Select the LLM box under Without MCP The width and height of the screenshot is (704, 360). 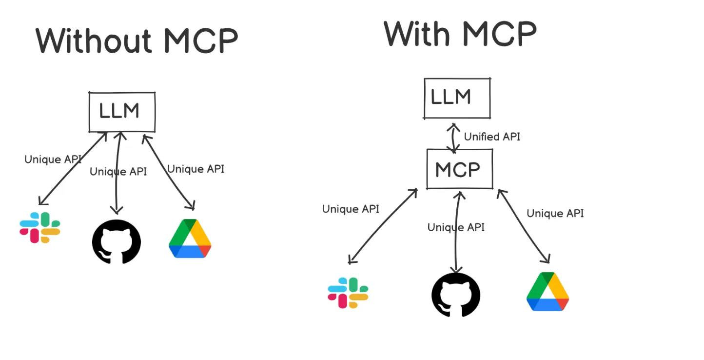tap(122, 112)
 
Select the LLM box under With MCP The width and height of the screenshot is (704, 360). tap(457, 98)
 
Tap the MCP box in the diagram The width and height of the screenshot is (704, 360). tap(459, 169)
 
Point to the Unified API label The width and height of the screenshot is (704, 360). tap(492, 137)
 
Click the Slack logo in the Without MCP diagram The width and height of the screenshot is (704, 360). tap(40, 227)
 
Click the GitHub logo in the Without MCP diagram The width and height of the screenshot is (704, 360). tap(117, 241)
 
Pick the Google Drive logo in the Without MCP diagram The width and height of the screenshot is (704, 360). tap(190, 239)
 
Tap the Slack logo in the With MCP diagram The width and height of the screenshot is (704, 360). tap(348, 293)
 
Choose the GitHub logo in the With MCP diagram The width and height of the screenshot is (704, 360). tap(456, 295)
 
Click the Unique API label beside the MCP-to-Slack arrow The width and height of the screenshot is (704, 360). tap(351, 209)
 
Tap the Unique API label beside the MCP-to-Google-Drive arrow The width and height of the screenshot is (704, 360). tap(555, 213)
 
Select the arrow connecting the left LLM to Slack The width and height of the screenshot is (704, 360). tap(73, 168)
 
